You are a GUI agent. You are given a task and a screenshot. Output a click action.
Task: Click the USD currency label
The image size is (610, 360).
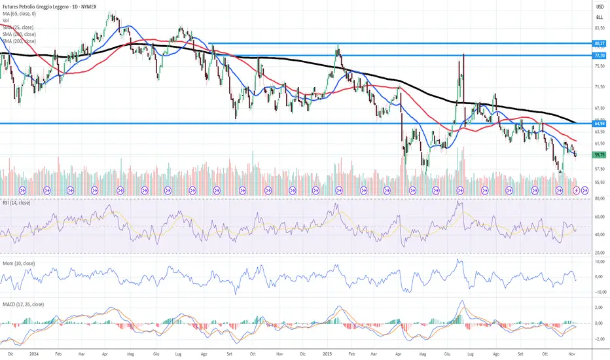pos(599,6)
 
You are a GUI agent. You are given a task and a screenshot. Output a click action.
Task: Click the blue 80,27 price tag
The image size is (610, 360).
pos(599,44)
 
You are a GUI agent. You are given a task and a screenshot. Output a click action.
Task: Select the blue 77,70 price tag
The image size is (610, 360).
pos(599,56)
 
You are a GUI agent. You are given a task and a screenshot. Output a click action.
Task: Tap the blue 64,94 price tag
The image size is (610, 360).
pos(599,123)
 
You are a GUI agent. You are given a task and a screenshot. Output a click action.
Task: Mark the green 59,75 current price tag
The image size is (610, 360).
pos(599,155)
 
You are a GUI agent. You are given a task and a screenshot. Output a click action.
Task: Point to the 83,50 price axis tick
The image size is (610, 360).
pos(599,29)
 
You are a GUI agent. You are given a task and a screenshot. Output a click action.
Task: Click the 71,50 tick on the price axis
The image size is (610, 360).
pos(599,86)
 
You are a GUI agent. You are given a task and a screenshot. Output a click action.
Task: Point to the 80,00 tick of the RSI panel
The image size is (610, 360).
pos(599,215)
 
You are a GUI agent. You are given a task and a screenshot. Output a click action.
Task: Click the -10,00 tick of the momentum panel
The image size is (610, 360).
pos(599,293)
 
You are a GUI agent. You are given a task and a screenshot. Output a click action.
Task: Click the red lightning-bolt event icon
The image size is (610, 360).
pos(576,190)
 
